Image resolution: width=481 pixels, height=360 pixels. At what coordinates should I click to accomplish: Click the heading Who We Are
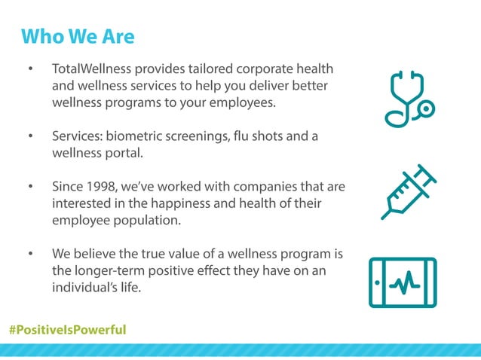pyautogui.click(x=78, y=36)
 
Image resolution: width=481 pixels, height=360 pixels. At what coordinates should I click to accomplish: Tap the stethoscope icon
pyautogui.click(x=408, y=99)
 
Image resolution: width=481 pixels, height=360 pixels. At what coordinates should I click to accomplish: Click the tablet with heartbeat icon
pyautogui.click(x=403, y=282)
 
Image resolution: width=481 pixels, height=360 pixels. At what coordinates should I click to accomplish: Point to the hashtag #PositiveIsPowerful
pyautogui.click(x=67, y=330)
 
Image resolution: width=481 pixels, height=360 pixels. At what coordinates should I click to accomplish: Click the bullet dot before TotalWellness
pyautogui.click(x=31, y=69)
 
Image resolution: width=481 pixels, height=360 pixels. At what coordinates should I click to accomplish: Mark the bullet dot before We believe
pyautogui.click(x=31, y=253)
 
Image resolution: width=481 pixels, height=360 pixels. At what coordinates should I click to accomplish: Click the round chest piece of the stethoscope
pyautogui.click(x=426, y=109)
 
